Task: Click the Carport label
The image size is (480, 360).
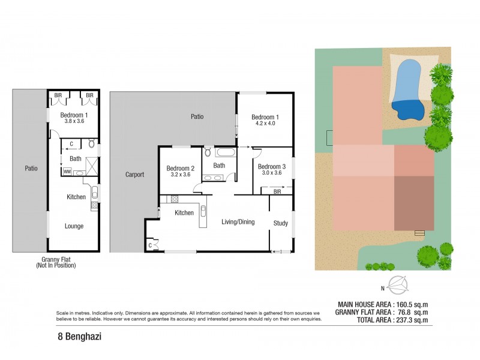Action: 134,175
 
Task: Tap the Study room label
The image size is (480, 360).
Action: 280,223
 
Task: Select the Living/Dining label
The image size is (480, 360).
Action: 238,222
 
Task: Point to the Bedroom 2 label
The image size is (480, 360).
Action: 180,168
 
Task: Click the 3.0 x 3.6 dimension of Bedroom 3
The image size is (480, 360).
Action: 269,173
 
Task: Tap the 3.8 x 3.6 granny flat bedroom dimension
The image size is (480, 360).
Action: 74,121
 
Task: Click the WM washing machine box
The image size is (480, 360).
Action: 66,171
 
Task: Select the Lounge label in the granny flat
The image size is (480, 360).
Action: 74,226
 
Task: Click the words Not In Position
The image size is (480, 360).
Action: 56,265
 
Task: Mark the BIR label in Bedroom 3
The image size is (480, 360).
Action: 277,191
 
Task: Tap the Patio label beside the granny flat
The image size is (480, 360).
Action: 31,169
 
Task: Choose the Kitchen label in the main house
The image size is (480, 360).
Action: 184,213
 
